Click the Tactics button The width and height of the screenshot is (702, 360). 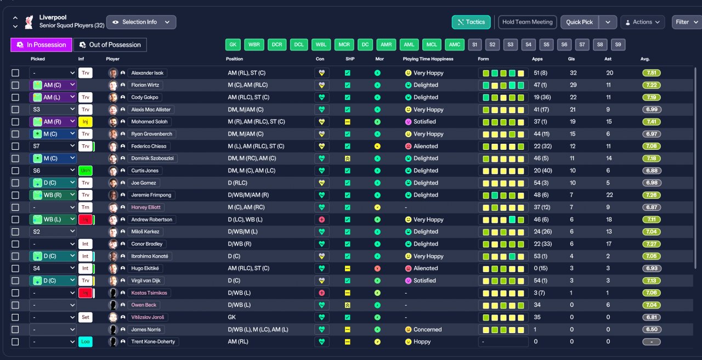[471, 22]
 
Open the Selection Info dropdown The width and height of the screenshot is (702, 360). [141, 22]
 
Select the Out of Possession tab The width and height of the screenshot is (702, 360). [110, 45]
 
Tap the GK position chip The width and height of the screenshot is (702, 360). [233, 44]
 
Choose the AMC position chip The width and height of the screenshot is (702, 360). [455, 44]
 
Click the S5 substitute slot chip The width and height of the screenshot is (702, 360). [546, 44]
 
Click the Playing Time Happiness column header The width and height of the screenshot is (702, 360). [428, 59]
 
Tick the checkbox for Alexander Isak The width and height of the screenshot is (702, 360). [15, 73]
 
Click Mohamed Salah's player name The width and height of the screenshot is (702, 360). [149, 122]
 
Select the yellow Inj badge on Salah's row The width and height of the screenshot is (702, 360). [85, 122]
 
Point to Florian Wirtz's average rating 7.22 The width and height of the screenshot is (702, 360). [652, 85]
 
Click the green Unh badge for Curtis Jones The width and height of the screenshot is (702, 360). [85, 171]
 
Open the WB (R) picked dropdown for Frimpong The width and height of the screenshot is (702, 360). [53, 195]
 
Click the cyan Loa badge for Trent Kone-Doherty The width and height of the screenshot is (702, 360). [85, 341]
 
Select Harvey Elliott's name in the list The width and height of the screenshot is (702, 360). [146, 207]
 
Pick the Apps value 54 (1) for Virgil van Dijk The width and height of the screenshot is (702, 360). [541, 280]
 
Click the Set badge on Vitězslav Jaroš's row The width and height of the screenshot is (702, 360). [85, 317]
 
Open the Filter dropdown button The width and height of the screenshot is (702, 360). [686, 22]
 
